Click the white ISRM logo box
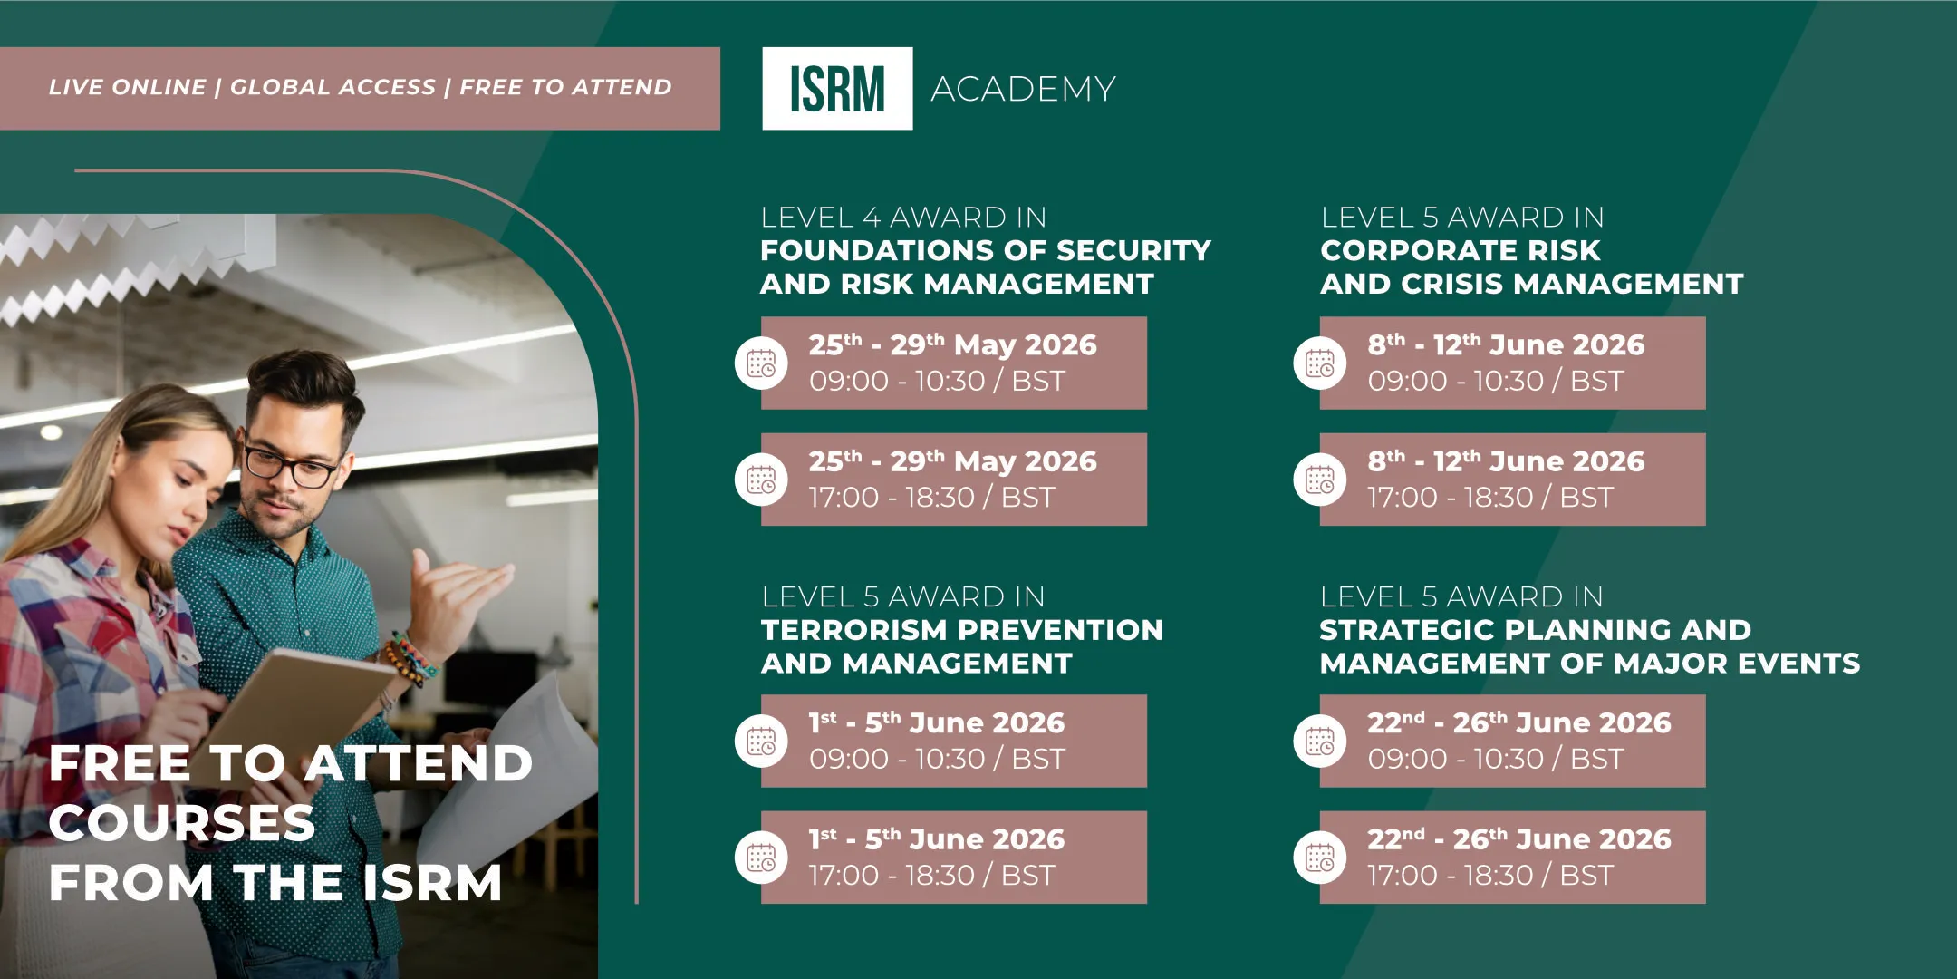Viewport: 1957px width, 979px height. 837,88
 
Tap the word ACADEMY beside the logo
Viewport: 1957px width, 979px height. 1023,89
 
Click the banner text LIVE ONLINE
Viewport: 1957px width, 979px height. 128,87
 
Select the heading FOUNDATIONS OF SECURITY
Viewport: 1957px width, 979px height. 986,250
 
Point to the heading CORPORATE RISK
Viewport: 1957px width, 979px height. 1461,250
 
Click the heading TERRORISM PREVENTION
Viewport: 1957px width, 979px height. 962,630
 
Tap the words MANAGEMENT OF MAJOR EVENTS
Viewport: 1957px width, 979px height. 1590,664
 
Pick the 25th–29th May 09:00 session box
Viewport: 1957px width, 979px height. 954,363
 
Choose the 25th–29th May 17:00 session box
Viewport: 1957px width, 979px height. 954,480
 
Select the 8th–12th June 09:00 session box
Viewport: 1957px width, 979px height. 1513,363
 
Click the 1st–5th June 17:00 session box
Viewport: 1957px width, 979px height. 954,858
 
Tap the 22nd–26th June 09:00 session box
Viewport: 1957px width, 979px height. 1513,741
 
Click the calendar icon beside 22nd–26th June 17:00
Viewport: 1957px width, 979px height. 1320,858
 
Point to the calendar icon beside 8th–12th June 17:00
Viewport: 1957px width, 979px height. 1320,480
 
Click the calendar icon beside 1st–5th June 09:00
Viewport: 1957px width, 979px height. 761,741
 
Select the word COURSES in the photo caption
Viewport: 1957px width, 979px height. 182,823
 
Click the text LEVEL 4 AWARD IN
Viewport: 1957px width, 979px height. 903,218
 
